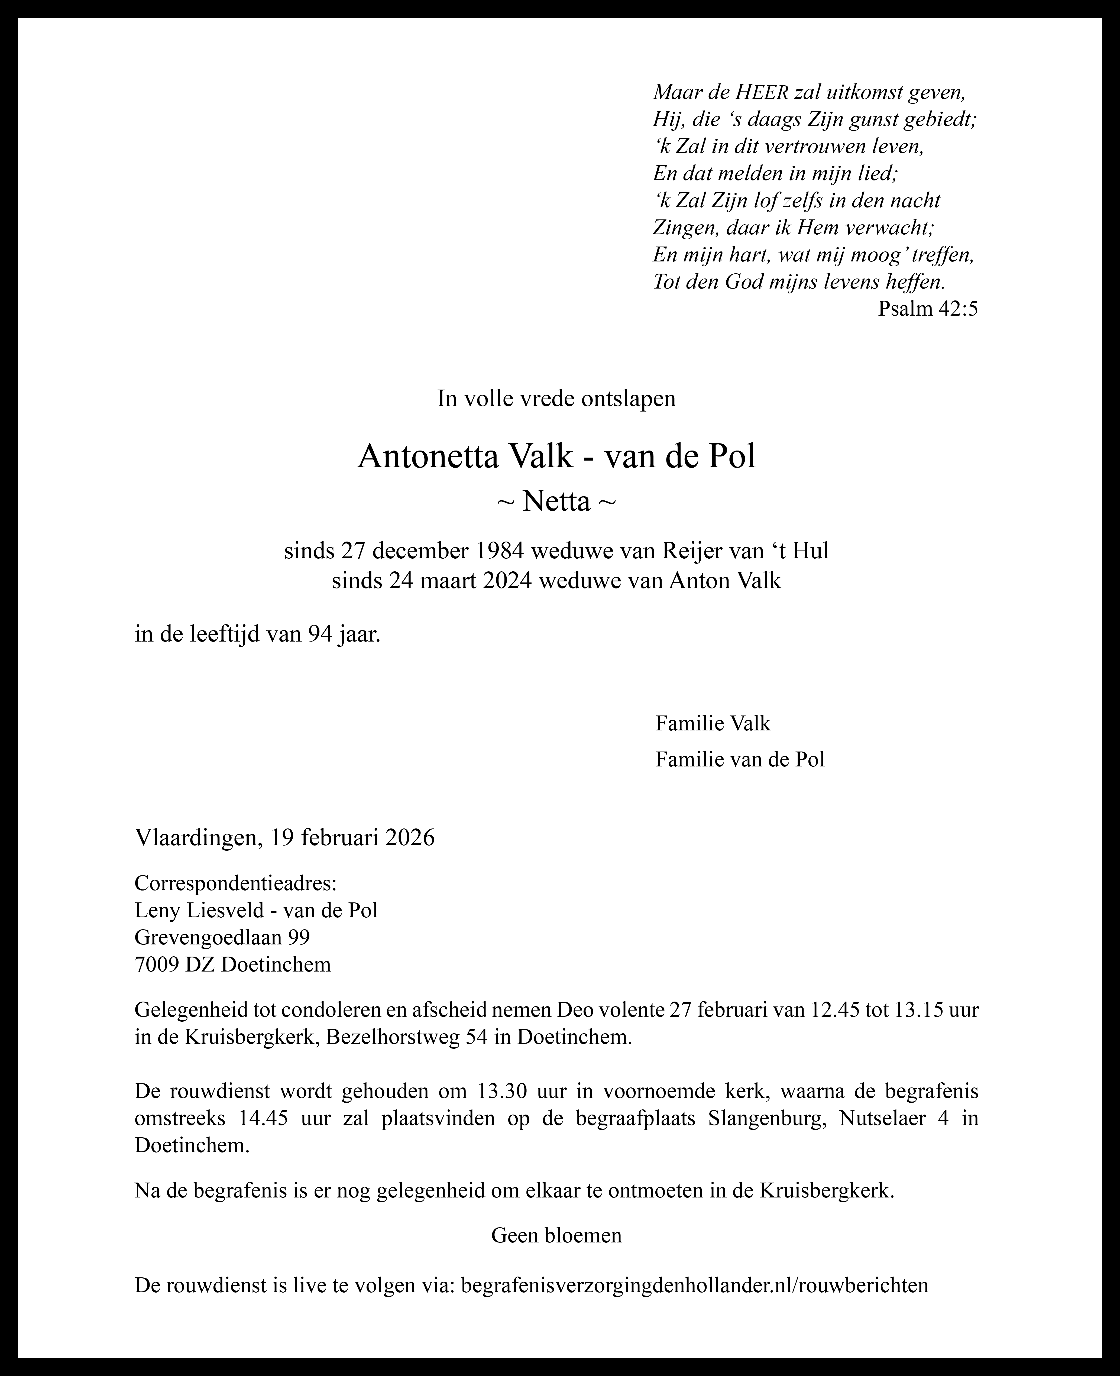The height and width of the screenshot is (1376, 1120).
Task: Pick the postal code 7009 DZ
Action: (x=174, y=964)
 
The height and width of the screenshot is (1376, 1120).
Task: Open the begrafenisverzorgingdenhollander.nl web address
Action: (x=695, y=1285)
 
